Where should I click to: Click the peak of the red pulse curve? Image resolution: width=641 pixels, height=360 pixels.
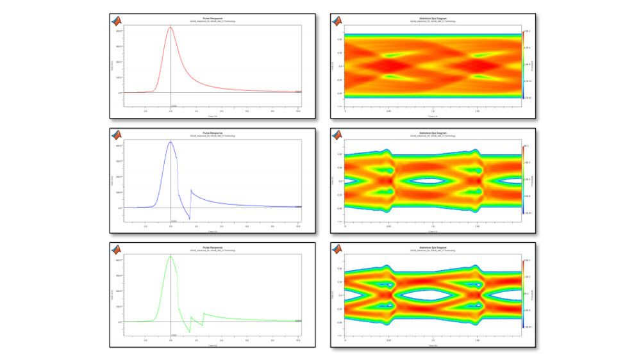click(x=171, y=27)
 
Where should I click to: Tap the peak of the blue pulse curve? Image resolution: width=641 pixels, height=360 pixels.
click(x=171, y=142)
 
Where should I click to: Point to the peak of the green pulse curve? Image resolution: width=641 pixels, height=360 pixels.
click(x=171, y=256)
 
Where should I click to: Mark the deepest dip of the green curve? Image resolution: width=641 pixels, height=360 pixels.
click(x=189, y=332)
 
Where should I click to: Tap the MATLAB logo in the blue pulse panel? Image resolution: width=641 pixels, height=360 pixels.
click(x=117, y=135)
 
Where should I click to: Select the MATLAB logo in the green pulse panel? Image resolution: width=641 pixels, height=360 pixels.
click(x=117, y=249)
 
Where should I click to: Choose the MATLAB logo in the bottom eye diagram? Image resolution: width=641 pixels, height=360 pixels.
click(x=338, y=249)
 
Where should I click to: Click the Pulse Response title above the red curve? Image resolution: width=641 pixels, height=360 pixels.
click(x=213, y=18)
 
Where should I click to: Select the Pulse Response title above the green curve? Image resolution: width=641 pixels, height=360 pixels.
click(x=213, y=247)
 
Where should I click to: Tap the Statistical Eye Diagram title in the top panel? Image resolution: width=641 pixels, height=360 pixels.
click(x=434, y=18)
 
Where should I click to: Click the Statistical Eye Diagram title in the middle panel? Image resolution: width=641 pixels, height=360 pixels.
click(x=434, y=133)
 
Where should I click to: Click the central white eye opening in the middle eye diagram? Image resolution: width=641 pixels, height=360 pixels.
click(x=434, y=181)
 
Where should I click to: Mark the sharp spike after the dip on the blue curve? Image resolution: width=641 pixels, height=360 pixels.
click(x=191, y=190)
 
